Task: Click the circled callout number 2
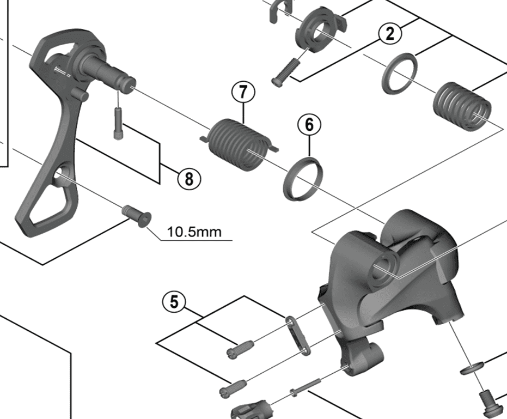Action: pos(390,34)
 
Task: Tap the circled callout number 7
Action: pos(243,92)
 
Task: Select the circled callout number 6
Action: pos(309,125)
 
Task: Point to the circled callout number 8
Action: pos(189,179)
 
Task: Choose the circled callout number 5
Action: pos(174,302)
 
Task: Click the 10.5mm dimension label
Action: pos(194,232)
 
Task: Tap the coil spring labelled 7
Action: pos(239,144)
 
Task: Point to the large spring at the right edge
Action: pos(462,106)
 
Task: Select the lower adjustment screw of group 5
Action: pos(233,388)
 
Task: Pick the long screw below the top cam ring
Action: pos(286,71)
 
